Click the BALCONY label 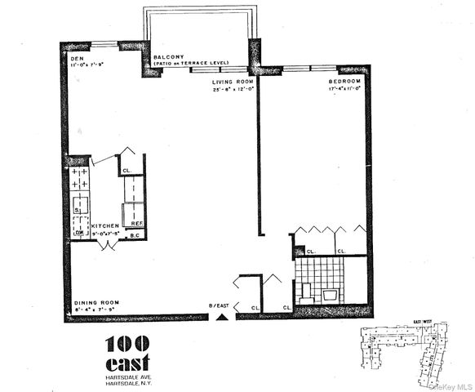coord(167,57)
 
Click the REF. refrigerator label coord(138,223)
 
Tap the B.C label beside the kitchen coord(136,236)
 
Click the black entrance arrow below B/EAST coord(219,317)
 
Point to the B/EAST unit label coord(219,305)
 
